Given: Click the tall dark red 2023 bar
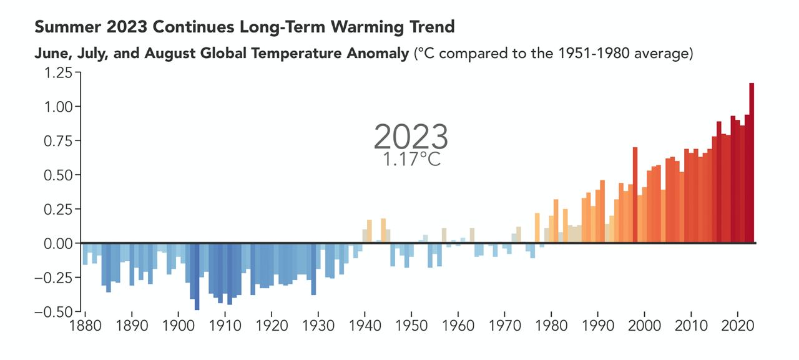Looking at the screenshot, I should point(752,162).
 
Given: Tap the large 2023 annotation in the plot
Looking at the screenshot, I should point(410,135).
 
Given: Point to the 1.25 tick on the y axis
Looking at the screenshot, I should point(57,72).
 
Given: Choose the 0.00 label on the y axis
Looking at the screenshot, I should point(57,243).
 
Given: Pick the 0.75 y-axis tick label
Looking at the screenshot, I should point(57,140).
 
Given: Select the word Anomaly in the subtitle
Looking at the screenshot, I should point(380,54).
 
